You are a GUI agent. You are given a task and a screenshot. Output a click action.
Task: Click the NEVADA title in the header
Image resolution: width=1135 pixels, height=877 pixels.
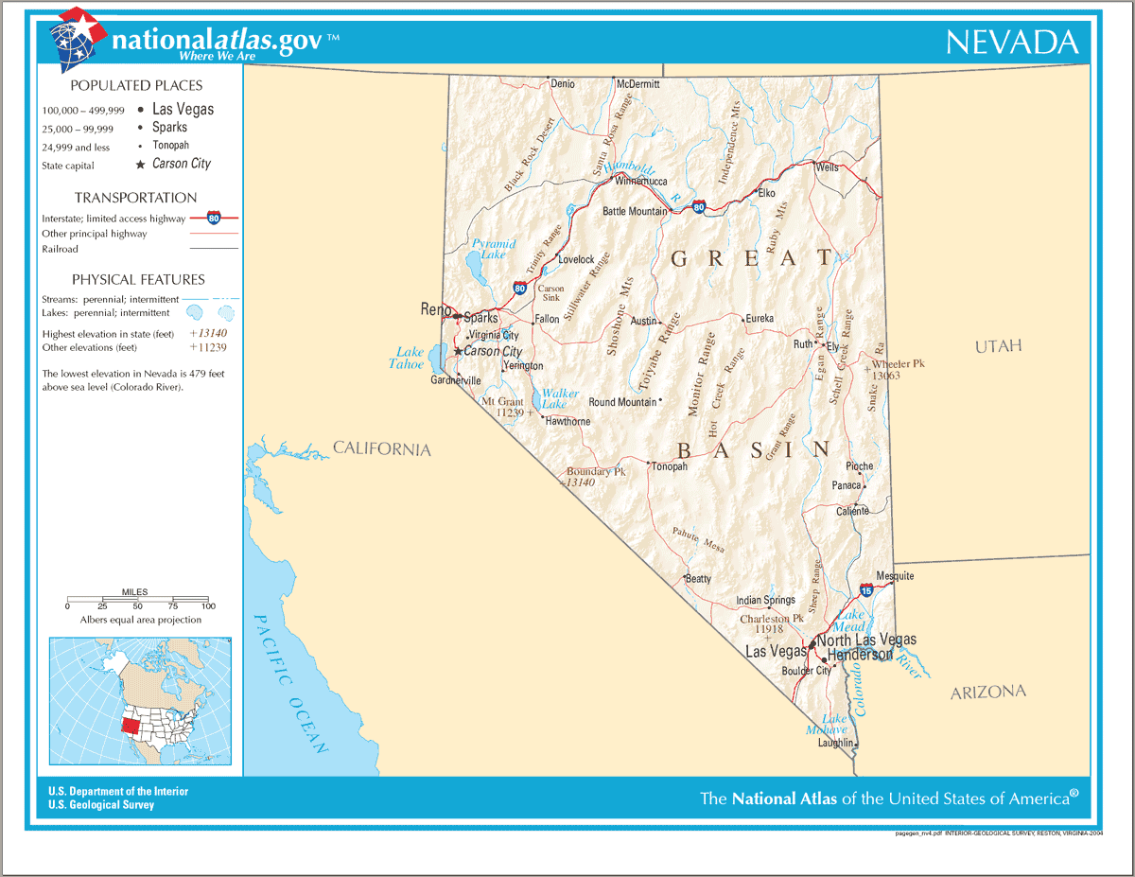[x=1011, y=43]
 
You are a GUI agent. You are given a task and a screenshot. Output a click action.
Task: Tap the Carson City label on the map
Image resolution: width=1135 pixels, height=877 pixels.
[x=493, y=351]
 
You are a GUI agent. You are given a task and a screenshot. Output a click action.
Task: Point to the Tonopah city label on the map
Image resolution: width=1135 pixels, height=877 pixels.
[x=669, y=466]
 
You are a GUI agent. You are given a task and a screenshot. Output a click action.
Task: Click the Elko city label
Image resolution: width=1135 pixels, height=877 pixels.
[x=766, y=193]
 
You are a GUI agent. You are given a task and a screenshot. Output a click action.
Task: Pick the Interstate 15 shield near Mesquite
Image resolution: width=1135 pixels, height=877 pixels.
[x=866, y=590]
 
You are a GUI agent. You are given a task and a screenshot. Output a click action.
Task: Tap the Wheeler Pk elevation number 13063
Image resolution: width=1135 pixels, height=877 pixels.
[x=885, y=376]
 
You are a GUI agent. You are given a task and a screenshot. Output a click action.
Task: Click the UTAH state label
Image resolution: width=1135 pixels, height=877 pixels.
[x=999, y=346]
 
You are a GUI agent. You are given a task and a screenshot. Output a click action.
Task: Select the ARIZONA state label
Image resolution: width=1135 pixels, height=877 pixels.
[x=987, y=693]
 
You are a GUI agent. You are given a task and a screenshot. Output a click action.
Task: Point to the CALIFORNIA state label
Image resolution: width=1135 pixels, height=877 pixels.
[x=381, y=448]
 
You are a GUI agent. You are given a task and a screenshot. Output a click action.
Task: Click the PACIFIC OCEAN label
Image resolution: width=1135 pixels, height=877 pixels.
[x=291, y=682]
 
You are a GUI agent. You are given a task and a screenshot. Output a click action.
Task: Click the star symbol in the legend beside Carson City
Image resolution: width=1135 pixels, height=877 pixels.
[x=141, y=165]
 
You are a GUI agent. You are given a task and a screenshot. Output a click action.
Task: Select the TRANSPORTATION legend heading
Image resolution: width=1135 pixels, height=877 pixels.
[x=135, y=198]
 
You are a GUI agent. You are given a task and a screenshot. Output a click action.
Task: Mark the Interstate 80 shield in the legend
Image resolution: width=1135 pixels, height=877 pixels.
[x=214, y=217]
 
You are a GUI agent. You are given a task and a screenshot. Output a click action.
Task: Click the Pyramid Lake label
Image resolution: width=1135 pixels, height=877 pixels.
[x=494, y=249]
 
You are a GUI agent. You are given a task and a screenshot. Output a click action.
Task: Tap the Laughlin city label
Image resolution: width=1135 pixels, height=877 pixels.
[x=835, y=743]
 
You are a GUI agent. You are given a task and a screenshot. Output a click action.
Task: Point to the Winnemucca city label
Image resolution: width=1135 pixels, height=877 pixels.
[x=641, y=181]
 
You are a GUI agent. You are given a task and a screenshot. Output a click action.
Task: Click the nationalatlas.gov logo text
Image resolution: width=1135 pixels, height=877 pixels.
[x=216, y=41]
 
